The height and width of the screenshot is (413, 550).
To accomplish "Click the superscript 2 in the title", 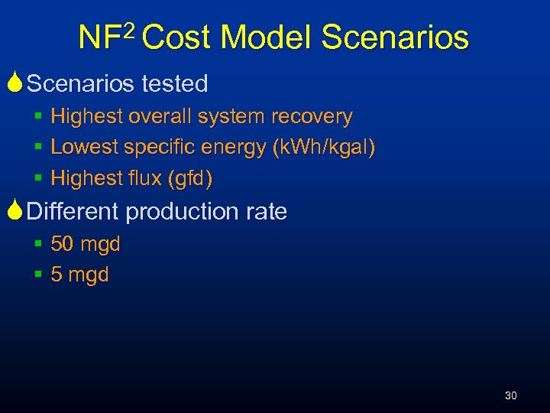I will tap(128, 31).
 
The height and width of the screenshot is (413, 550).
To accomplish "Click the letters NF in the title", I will tap(99, 37).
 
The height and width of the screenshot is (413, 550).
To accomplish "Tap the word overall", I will tap(161, 117).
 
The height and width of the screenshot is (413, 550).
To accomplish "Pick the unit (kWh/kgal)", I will tap(324, 148).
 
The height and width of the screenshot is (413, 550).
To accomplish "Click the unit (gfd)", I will tap(192, 178).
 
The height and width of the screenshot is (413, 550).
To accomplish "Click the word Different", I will tap(73, 211).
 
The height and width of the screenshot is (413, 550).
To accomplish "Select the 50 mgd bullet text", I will tap(85, 245).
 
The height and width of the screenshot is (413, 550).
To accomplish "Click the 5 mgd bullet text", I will tap(79, 275).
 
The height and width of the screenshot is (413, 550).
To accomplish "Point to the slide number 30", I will tap(511, 395).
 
